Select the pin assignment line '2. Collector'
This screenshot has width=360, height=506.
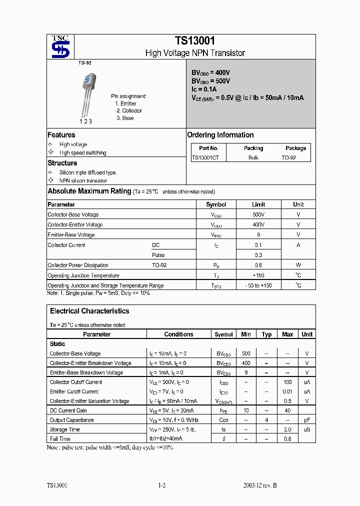[x=129, y=110]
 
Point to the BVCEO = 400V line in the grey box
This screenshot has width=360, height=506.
[x=210, y=72]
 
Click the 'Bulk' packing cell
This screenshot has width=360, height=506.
[x=253, y=157]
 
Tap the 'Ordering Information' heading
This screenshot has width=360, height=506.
[x=220, y=135]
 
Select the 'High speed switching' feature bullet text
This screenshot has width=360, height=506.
[x=82, y=153]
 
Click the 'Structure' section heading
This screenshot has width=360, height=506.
[x=62, y=163]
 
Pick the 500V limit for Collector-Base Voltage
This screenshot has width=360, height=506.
[x=258, y=214]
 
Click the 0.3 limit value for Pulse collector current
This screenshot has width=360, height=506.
[x=258, y=255]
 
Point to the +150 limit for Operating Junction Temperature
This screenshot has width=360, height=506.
[x=258, y=275]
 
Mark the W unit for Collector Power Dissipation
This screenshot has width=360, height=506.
[x=298, y=265]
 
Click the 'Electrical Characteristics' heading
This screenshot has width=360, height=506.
[x=89, y=311]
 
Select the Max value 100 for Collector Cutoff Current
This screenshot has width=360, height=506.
[x=287, y=382]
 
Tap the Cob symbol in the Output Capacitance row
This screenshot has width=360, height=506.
[x=223, y=420]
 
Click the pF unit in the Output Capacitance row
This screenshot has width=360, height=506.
[x=307, y=420]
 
